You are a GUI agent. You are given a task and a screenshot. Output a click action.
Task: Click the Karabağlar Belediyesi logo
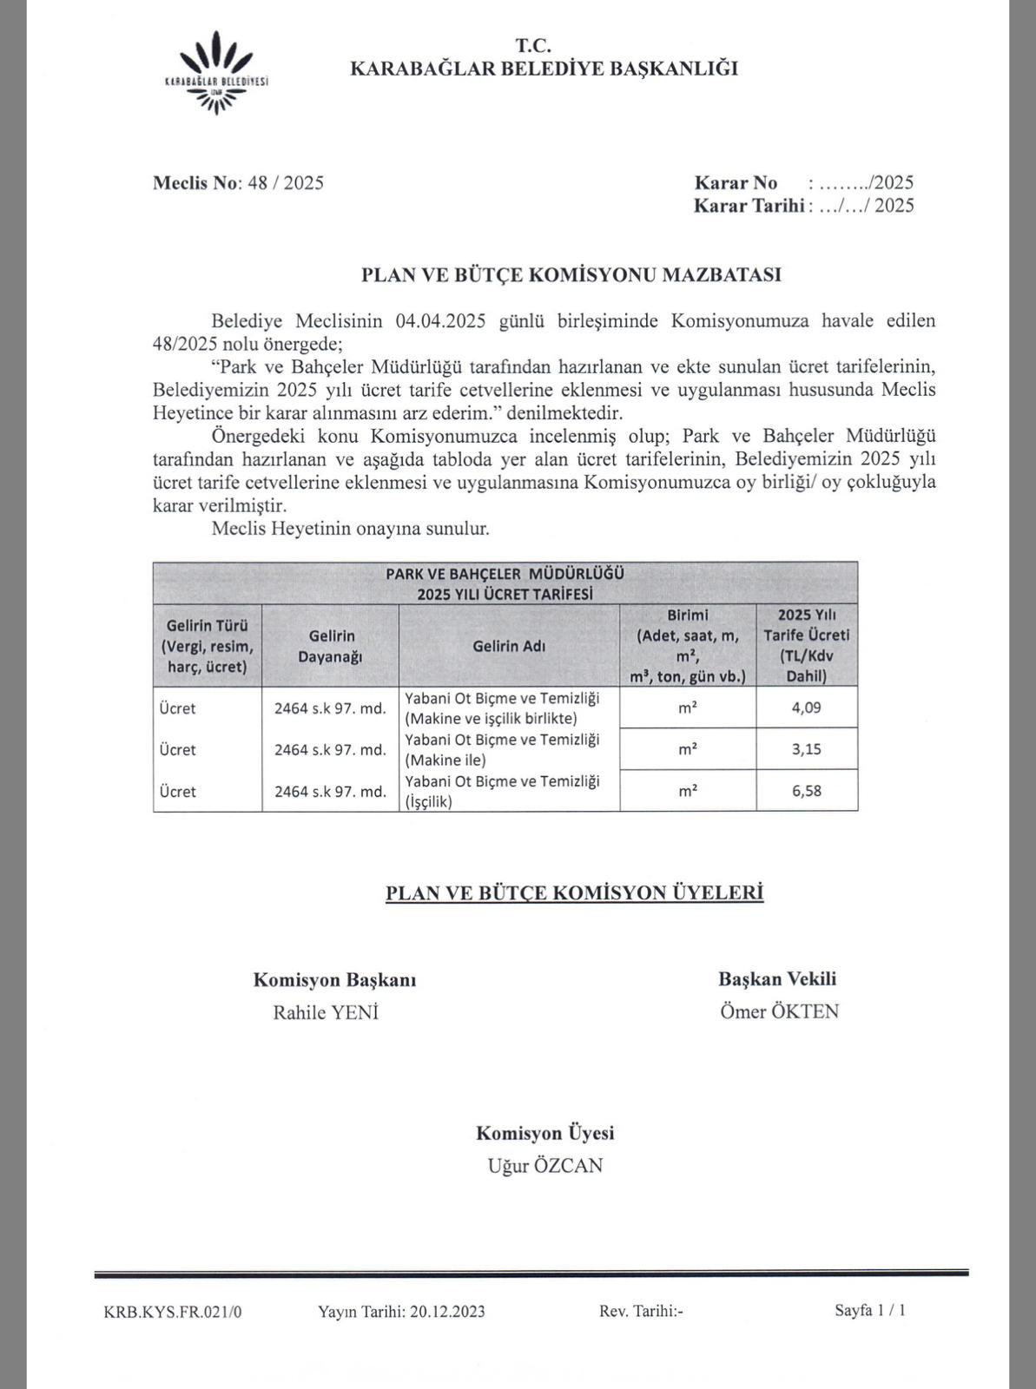(x=216, y=73)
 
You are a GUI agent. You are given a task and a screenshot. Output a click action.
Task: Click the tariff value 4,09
(x=806, y=708)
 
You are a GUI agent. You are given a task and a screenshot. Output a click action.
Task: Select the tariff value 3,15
(x=806, y=749)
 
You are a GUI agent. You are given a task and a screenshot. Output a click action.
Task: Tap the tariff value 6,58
(x=806, y=791)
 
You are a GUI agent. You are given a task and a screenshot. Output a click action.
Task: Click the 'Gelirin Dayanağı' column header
(x=330, y=647)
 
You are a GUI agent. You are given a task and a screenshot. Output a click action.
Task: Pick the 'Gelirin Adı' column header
(x=509, y=647)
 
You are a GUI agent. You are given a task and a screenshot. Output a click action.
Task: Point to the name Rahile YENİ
(x=326, y=1012)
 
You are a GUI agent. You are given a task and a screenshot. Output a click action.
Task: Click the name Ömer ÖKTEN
(x=779, y=1011)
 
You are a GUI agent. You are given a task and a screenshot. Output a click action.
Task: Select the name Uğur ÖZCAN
(x=544, y=1166)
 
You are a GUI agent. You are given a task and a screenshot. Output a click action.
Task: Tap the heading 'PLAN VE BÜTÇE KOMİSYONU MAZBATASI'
(x=571, y=275)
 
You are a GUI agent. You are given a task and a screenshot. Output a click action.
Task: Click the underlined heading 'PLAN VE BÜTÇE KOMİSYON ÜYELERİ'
(x=574, y=893)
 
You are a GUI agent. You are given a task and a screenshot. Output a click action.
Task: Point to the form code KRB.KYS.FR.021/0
(x=173, y=1312)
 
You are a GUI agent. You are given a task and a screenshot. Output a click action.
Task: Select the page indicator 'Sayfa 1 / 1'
(x=870, y=1310)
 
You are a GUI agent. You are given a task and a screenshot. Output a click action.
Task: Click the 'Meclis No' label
(x=196, y=183)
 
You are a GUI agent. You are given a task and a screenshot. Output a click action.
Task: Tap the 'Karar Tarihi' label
(x=749, y=206)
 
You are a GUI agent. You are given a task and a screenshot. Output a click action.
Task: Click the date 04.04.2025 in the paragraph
(x=439, y=320)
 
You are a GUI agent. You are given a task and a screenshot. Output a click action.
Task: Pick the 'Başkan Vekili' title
(x=777, y=979)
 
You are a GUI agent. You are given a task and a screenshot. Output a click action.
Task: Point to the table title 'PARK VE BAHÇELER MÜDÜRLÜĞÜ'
(x=505, y=574)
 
